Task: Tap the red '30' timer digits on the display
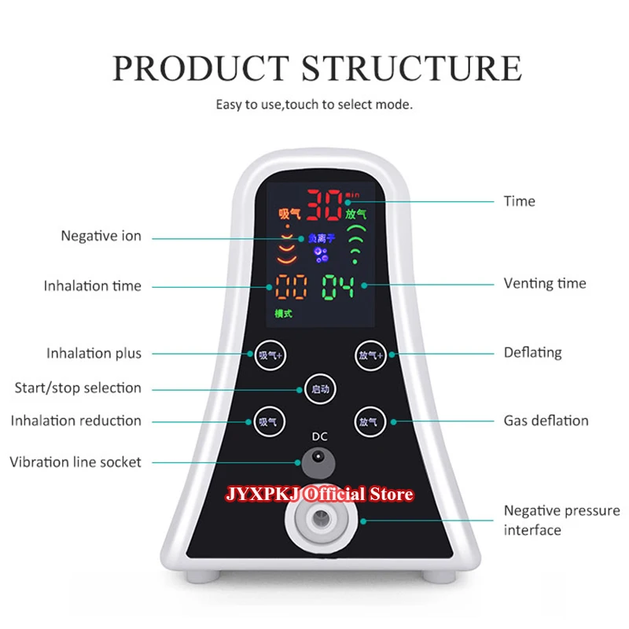click(x=322, y=205)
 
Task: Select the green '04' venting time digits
click(x=337, y=287)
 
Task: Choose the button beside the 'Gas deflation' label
click(x=368, y=421)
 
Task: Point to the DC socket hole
click(x=318, y=458)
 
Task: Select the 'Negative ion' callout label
click(x=101, y=236)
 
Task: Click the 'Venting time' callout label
click(x=545, y=283)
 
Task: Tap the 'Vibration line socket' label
click(x=75, y=462)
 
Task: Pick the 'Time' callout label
click(x=519, y=201)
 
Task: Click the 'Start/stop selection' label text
click(x=78, y=388)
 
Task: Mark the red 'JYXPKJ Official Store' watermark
click(x=319, y=495)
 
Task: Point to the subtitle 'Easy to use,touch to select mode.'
click(x=314, y=105)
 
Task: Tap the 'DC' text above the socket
click(x=318, y=436)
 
